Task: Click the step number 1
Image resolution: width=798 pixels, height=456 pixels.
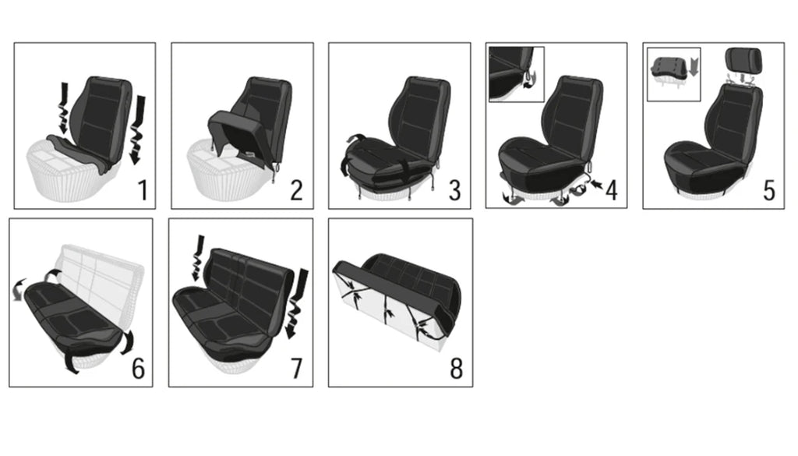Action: tap(142, 189)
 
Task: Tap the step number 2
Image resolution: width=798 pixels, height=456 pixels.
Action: tap(296, 189)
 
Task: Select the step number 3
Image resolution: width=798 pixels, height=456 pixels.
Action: tap(454, 189)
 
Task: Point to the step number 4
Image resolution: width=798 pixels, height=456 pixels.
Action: tap(612, 189)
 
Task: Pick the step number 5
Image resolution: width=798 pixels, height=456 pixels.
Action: tap(769, 189)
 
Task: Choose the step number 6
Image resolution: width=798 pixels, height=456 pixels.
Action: tap(138, 368)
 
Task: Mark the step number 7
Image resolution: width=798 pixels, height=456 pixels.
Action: tap(296, 368)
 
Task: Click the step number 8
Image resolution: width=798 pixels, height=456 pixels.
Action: tap(457, 368)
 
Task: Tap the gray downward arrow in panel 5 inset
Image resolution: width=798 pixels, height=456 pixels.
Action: tap(694, 65)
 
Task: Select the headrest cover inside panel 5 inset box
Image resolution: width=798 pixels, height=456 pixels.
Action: tap(668, 68)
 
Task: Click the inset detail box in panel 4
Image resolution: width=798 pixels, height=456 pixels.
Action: tap(516, 73)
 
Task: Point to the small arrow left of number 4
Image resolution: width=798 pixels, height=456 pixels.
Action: tap(596, 185)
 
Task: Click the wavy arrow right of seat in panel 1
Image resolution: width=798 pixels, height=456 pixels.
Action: tap(140, 129)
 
